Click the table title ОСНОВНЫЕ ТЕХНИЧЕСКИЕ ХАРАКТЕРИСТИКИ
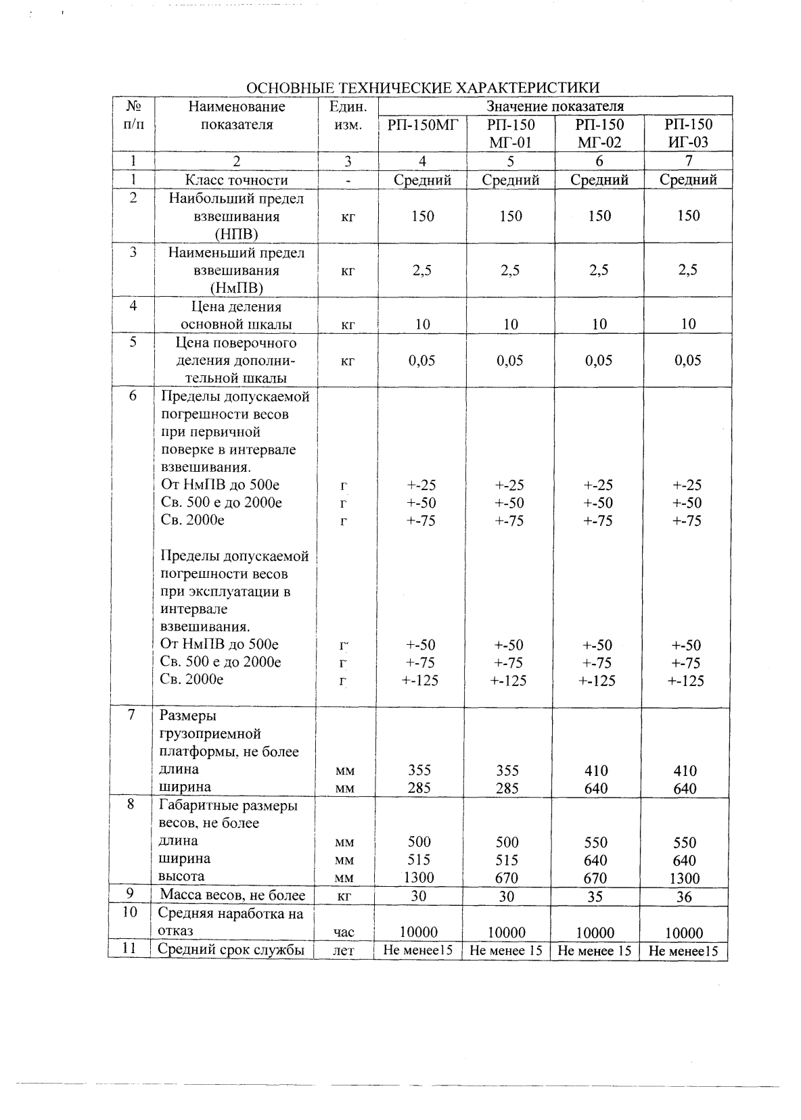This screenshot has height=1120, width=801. coord(423,89)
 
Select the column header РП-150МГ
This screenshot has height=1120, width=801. coord(423,125)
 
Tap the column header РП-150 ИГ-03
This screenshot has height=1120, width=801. coord(688,133)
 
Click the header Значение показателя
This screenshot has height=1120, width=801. coord(555,107)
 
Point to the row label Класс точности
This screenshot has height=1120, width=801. coord(236,180)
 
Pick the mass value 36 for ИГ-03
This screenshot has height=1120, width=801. coord(684,897)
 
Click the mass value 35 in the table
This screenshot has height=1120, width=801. coord(595,897)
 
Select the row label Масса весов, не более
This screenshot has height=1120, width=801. coord(232,896)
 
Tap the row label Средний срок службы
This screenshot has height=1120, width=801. coord(231,950)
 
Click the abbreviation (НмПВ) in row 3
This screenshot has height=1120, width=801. coord(236,288)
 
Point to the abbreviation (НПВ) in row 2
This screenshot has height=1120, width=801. coord(236,235)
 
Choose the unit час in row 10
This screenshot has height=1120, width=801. coord(344,933)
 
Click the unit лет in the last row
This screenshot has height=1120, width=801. coord(344,951)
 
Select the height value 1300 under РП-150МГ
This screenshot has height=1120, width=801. coord(419,878)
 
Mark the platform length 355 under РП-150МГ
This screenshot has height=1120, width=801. coord(419,771)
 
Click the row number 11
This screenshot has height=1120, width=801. coord(129,949)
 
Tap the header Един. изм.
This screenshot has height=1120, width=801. coord(348,116)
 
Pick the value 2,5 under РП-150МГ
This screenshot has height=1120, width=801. coord(422,270)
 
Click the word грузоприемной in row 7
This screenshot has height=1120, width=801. coord(210,734)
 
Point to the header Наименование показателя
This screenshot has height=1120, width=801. coord(236,116)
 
